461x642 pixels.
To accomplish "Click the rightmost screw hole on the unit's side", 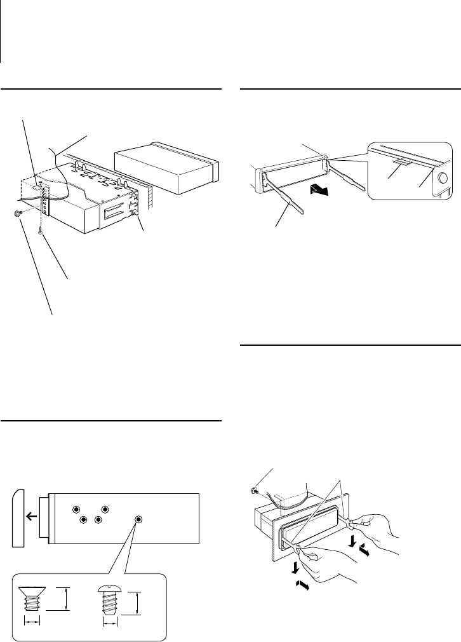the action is pyautogui.click(x=138, y=520).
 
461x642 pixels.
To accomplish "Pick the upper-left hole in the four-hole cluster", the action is pyautogui.click(x=76, y=510).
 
